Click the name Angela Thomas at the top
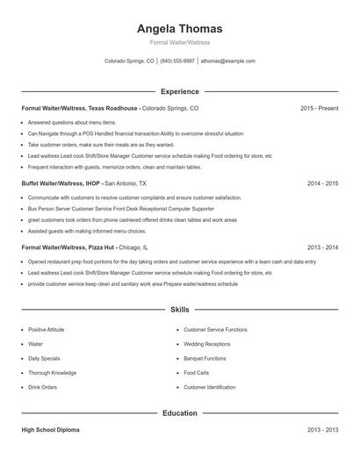[179, 28]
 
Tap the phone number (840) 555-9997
[177, 61]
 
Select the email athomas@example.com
[228, 61]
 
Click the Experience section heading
[179, 91]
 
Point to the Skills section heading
[179, 310]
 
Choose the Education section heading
[179, 412]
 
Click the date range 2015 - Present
[319, 108]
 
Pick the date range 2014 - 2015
[322, 183]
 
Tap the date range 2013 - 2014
[322, 247]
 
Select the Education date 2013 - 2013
[322, 430]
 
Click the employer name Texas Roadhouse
[113, 108]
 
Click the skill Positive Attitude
[47, 330]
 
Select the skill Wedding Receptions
[206, 344]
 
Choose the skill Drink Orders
[42, 387]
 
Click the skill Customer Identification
[209, 387]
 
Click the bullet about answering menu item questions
[71, 123]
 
